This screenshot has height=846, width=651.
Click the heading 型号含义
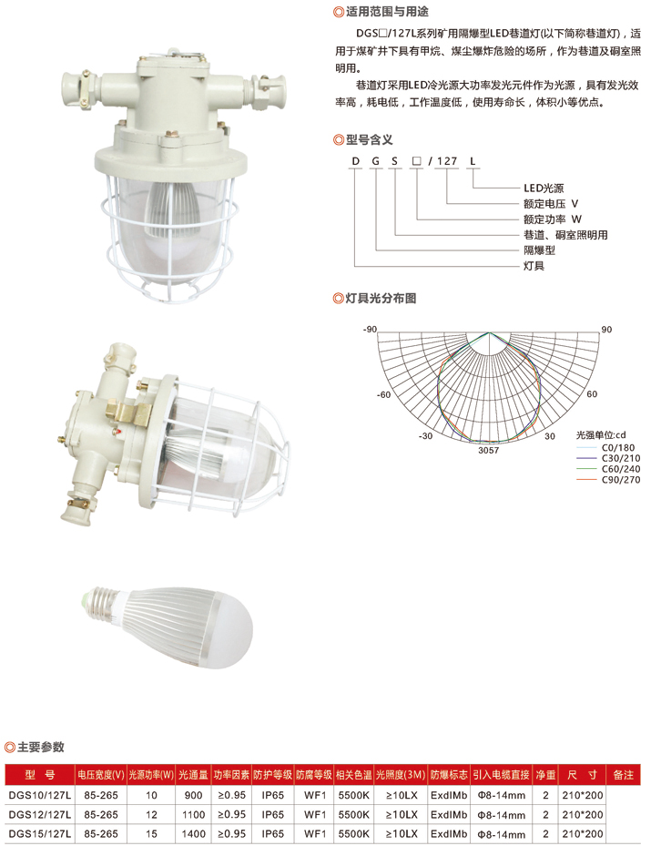(369, 139)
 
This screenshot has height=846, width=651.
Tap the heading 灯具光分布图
(381, 298)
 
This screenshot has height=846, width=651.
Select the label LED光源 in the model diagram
(544, 188)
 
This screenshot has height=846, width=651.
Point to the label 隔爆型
(539, 250)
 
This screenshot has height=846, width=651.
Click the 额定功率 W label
(553, 219)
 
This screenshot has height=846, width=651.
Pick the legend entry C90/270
(621, 480)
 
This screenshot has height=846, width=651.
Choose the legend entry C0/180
(618, 447)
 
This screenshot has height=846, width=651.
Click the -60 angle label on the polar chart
(383, 395)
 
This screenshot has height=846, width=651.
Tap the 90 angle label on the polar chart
(606, 329)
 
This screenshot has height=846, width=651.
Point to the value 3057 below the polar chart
(489, 450)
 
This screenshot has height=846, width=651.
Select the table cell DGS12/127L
(40, 815)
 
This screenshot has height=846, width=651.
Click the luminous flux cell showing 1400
(194, 833)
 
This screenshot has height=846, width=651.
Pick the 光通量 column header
(193, 775)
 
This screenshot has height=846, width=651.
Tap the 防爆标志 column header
(449, 775)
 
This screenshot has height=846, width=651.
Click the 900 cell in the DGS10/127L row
(194, 795)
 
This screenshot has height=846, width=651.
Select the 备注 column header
(624, 775)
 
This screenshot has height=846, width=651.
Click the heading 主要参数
(40, 747)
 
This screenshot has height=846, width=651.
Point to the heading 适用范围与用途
(387, 11)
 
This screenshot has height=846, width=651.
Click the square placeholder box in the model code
(416, 161)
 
